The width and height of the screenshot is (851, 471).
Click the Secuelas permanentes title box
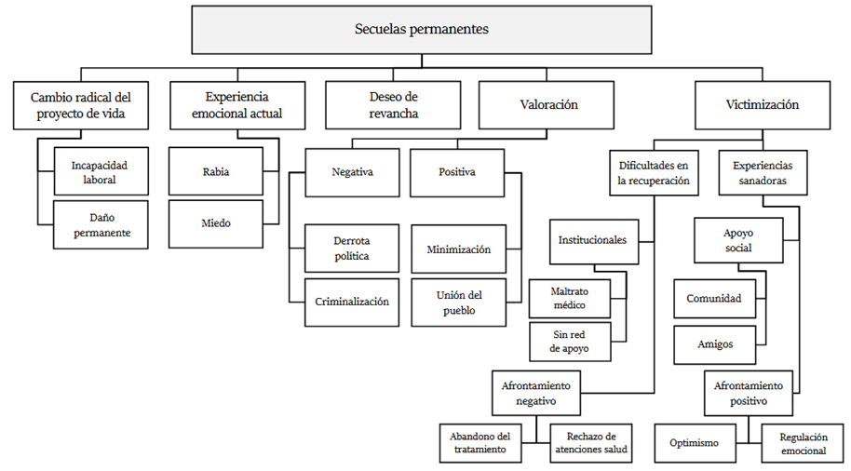[x=421, y=29]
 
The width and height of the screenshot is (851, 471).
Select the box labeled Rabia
[x=215, y=172]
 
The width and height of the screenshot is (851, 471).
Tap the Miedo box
[x=215, y=222]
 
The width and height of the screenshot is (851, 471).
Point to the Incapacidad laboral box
[x=100, y=172]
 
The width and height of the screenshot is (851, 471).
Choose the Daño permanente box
[x=100, y=224]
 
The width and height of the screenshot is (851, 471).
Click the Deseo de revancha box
[x=392, y=105]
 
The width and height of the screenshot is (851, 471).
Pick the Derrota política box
[x=351, y=248]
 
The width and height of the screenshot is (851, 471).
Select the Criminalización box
[x=351, y=302]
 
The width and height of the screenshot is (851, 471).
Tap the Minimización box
[x=458, y=249]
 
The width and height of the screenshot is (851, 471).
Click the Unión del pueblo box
[x=458, y=303]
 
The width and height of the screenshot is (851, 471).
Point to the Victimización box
[x=762, y=105]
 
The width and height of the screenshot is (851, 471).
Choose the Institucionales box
[x=592, y=240]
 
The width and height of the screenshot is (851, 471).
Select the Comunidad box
[x=714, y=299]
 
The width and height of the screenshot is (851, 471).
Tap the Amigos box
[x=714, y=344]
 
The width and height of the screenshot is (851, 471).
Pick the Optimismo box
[x=694, y=443]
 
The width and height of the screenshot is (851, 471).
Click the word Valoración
[x=547, y=105]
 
